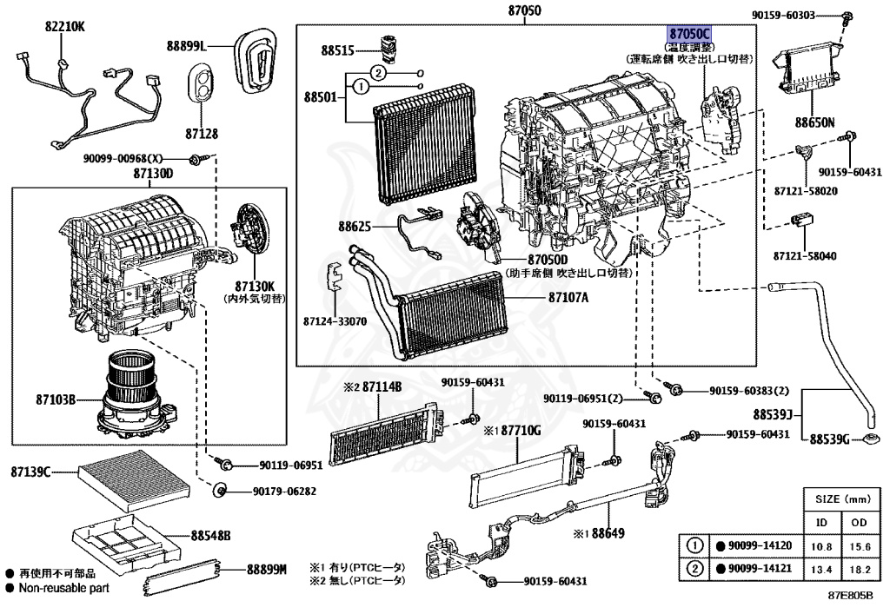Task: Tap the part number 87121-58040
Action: pos(806,257)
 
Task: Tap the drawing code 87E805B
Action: pos(848,597)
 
